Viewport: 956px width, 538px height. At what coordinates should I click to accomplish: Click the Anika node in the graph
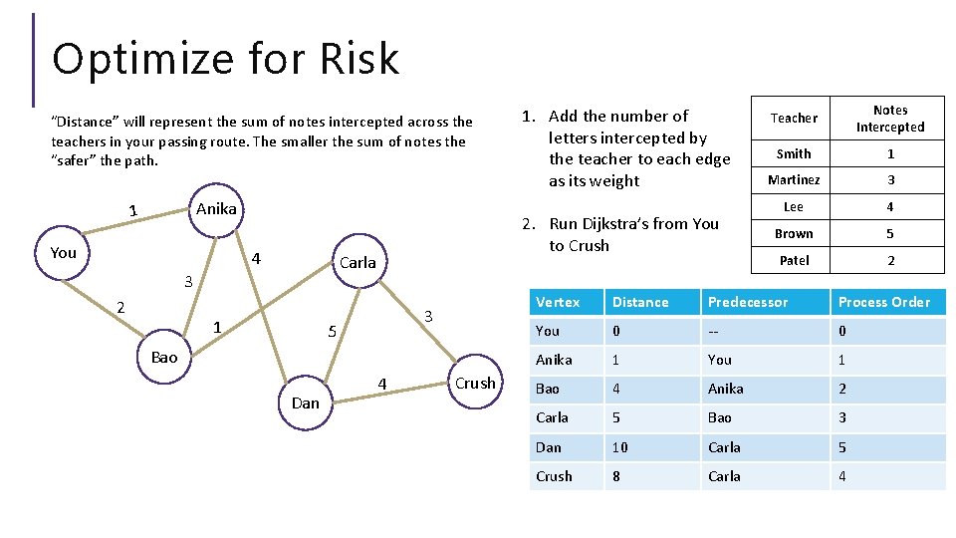tap(216, 209)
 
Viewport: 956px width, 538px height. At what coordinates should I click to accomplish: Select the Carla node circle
tap(358, 263)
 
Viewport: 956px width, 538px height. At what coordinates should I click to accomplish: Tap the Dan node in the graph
tap(306, 403)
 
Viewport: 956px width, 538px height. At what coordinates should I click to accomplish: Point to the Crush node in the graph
tap(475, 384)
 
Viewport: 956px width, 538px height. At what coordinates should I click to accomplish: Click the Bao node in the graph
tap(164, 357)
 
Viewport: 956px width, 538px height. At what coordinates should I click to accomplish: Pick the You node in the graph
tap(64, 253)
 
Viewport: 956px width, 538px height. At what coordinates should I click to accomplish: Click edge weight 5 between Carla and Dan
tap(334, 331)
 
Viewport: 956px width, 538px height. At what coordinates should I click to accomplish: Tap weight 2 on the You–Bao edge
tap(120, 307)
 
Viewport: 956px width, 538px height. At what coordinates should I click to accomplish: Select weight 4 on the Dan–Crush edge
tap(381, 383)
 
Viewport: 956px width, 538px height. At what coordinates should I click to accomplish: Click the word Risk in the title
tap(359, 59)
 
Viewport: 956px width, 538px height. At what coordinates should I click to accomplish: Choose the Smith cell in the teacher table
tap(794, 153)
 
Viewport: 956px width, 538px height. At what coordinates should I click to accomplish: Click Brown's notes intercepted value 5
tap(890, 234)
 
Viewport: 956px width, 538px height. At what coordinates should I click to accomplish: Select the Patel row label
tap(794, 260)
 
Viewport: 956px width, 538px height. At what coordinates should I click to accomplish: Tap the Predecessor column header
tap(747, 302)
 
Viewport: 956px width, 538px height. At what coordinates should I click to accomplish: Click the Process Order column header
tap(883, 302)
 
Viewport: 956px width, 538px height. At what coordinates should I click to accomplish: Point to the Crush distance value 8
tap(617, 476)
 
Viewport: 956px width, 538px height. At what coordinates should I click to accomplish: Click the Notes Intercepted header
tap(890, 119)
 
